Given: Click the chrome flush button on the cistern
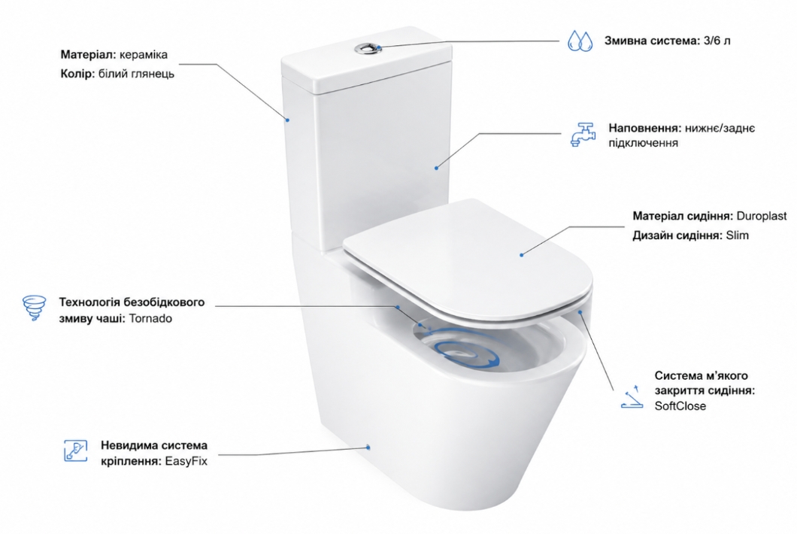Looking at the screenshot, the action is [x=368, y=48].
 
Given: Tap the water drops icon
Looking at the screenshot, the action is [x=580, y=41].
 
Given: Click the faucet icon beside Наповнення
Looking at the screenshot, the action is [x=583, y=135].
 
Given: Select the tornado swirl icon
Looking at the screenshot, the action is [x=35, y=308].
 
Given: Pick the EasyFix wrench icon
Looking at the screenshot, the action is [x=76, y=451].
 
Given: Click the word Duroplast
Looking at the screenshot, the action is [x=762, y=216].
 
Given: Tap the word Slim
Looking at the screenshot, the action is [x=737, y=235].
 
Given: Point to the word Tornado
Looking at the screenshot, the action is [x=150, y=319].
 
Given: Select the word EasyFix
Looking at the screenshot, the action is [x=186, y=462].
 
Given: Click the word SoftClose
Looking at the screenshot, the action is [x=680, y=406].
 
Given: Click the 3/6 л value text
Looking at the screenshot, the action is [x=717, y=41].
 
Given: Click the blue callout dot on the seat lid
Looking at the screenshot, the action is [x=522, y=255].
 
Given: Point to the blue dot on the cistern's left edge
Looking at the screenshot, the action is [x=287, y=120].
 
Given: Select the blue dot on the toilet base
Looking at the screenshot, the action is [x=368, y=448].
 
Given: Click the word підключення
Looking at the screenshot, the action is [x=644, y=143].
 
